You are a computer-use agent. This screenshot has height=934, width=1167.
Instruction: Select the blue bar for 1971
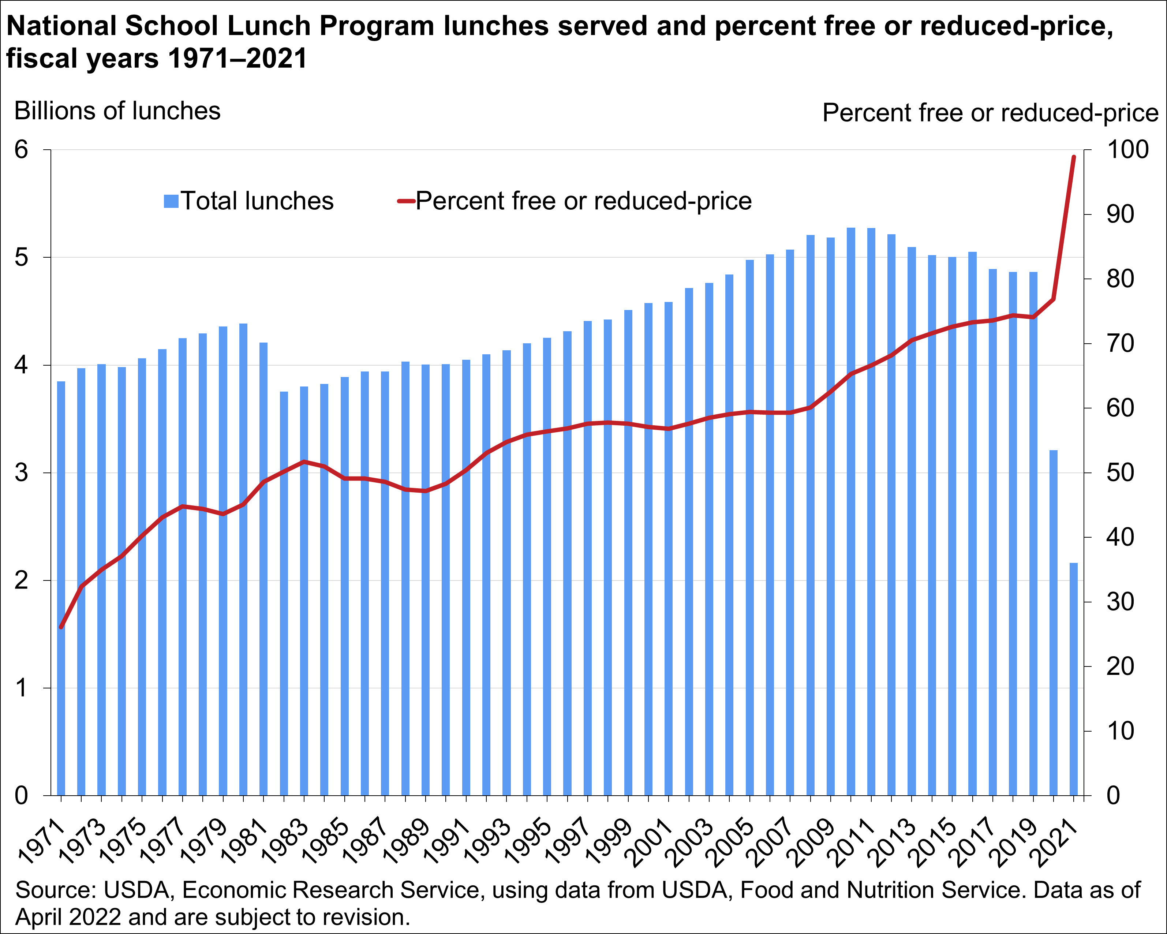pos(61,589)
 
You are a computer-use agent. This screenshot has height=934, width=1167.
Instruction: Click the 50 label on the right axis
pos(1120,473)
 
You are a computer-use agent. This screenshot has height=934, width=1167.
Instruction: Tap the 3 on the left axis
pos(21,473)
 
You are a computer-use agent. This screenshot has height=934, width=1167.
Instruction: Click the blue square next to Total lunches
pos(171,201)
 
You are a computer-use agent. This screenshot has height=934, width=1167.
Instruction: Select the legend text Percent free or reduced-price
pos(583,201)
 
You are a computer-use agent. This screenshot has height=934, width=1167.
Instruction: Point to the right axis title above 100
pos(990,113)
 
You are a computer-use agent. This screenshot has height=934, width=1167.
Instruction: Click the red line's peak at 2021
pos(1074,157)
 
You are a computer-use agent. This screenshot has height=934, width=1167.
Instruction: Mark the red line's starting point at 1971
pos(61,627)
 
